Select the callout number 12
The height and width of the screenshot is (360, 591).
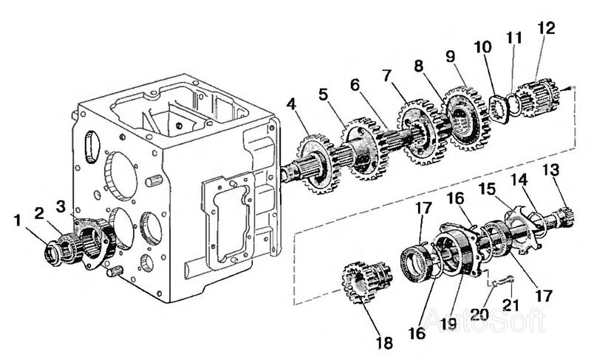545,29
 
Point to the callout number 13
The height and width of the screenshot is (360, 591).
550,171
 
